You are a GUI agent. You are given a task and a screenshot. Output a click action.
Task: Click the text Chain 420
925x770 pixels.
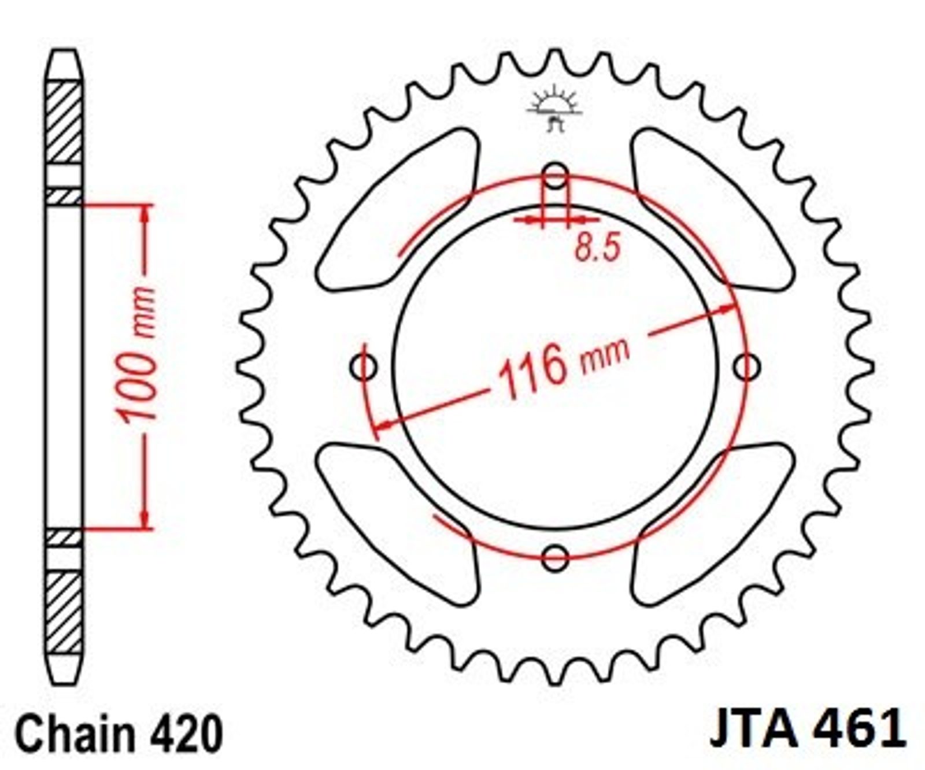(x=119, y=733)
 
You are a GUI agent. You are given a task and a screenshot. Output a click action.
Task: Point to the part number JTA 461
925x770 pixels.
(x=808, y=729)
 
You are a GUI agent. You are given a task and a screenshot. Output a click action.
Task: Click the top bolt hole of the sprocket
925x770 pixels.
(x=556, y=175)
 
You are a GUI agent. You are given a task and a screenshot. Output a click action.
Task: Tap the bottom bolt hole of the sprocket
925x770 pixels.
(x=556, y=558)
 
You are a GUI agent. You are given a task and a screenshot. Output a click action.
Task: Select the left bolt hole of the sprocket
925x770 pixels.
(x=364, y=367)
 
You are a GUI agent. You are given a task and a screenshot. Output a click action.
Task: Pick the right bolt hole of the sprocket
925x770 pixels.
(x=747, y=367)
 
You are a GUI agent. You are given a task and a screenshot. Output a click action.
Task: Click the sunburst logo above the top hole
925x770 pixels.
(x=554, y=108)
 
